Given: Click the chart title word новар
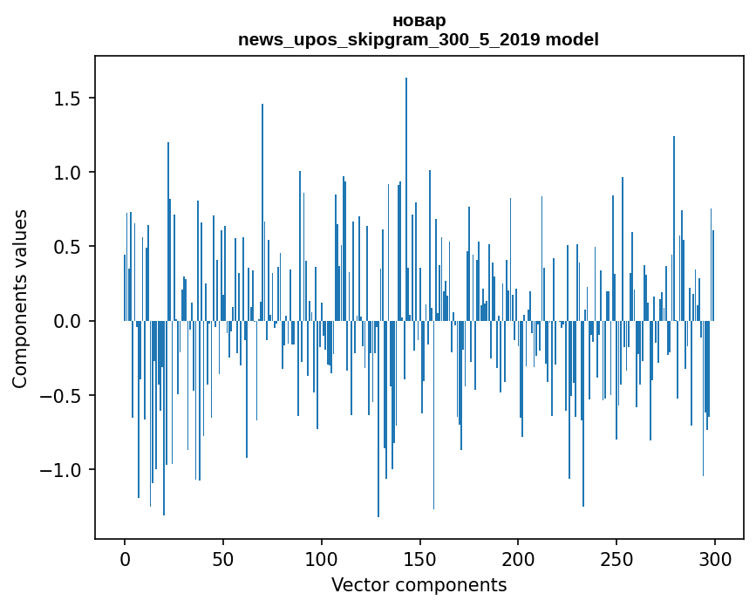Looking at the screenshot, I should coord(419,21).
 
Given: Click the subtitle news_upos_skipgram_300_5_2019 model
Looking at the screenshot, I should coord(419,40).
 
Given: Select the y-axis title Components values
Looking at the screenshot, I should coord(20,298).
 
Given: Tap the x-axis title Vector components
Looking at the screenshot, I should coord(419,584).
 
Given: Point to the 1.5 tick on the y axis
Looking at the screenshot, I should coord(67,99).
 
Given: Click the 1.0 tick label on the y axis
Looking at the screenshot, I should coord(67,173).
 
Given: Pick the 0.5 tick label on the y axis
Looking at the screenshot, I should coord(67,247).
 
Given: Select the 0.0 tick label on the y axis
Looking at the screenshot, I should coord(67,322).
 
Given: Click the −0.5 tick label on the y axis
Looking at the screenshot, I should coord(62,396).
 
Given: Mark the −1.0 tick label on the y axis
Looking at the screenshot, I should coord(62,470).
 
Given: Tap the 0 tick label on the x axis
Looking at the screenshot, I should coord(125,558).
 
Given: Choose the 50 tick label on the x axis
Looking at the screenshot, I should coord(223,558).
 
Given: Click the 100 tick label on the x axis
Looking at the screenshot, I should coord(322,558).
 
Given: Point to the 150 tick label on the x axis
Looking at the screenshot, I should coord(420,558).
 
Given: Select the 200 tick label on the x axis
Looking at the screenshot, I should coord(518,558).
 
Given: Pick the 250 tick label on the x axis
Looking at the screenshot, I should coord(616,558).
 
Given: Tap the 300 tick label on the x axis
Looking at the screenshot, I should coord(715,558).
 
